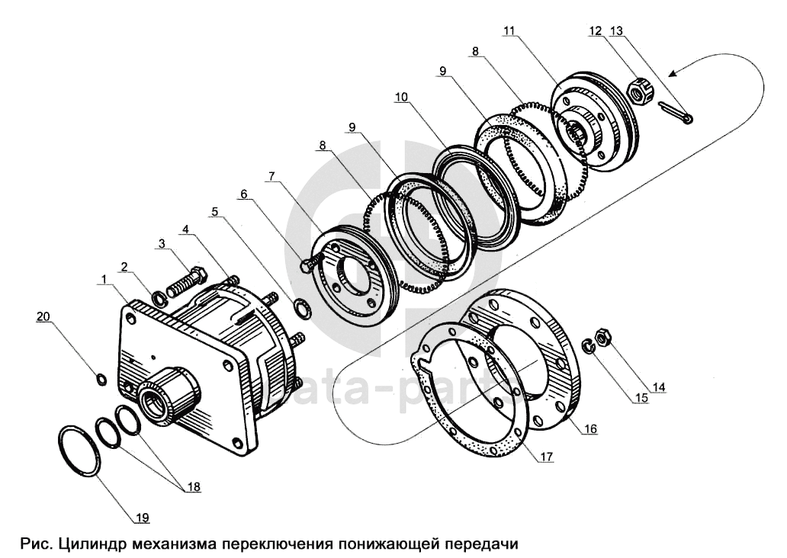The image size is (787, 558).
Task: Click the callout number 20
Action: tap(43, 316)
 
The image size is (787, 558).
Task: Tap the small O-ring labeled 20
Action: tap(101, 380)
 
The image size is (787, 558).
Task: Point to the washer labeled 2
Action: tap(159, 300)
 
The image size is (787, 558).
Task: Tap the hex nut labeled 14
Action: tap(602, 336)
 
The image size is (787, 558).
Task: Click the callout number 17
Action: tap(546, 457)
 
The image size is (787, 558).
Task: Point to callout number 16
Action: tap(590, 428)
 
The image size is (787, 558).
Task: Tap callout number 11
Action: tap(509, 30)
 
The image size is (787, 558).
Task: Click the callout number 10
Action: tap(402, 97)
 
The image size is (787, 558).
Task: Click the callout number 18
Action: tap(193, 487)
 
